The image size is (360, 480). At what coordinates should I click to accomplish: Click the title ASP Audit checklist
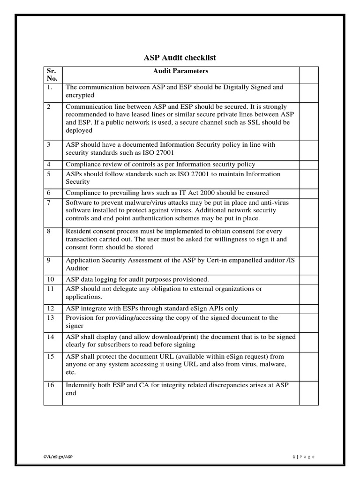click(x=180, y=58)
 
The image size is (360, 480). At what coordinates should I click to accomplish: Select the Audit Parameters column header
click(x=180, y=71)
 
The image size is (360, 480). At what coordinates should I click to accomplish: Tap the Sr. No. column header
click(x=52, y=75)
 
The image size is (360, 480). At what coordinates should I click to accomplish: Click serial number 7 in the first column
click(x=49, y=202)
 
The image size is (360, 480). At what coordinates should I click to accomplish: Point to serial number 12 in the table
click(x=51, y=308)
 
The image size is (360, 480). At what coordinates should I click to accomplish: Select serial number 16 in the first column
click(x=51, y=385)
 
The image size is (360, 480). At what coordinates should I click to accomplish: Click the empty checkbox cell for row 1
click(x=308, y=91)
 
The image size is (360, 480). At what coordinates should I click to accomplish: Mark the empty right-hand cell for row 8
click(x=308, y=240)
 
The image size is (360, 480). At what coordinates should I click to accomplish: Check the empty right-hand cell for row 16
click(x=308, y=393)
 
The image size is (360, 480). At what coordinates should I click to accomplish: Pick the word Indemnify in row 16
click(x=80, y=385)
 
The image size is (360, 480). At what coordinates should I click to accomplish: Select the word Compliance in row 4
click(x=83, y=165)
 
